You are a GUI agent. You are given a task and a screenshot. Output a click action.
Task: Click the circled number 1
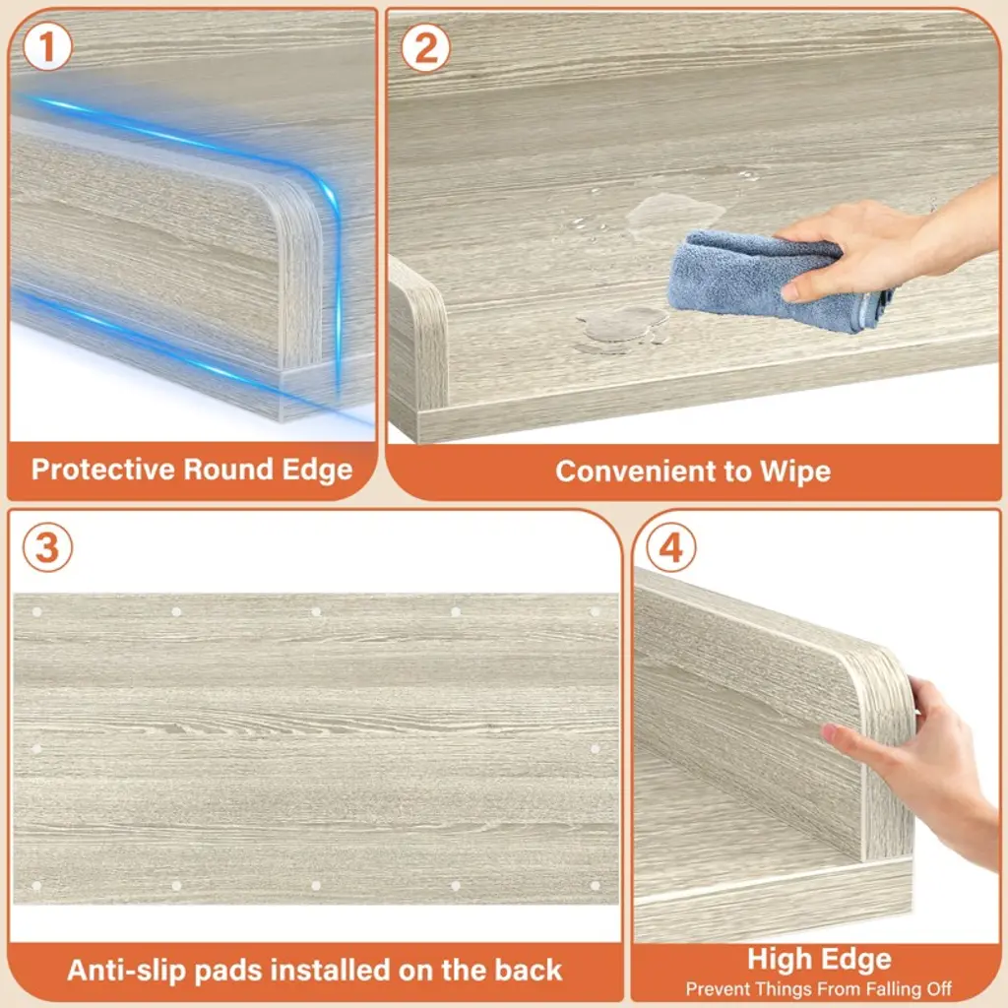[x=47, y=47]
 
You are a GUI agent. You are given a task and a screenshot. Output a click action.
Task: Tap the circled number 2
[x=425, y=47]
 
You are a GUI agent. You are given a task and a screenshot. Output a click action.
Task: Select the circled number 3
[x=47, y=547]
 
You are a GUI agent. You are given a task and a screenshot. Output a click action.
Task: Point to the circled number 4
[x=671, y=547]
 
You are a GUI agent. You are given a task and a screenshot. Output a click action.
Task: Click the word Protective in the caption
[x=104, y=470]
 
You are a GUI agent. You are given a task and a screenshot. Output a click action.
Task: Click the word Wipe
[x=795, y=472]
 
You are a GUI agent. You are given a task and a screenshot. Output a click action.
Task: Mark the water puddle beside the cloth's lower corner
[x=620, y=325]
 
